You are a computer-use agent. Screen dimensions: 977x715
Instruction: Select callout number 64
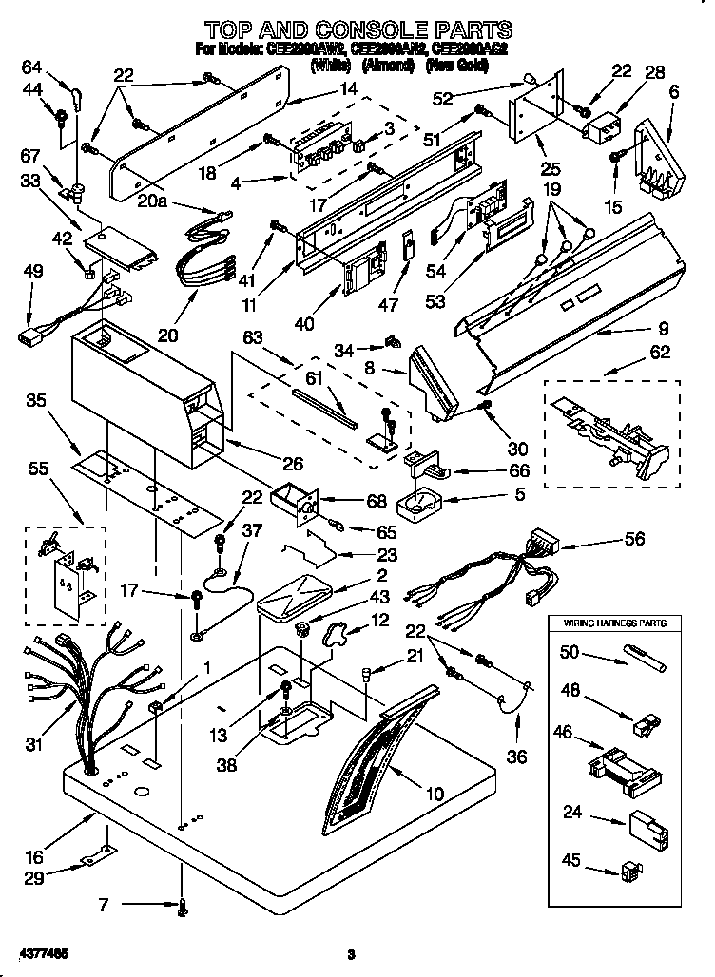point(32,67)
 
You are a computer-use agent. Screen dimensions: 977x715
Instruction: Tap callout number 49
point(32,272)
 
